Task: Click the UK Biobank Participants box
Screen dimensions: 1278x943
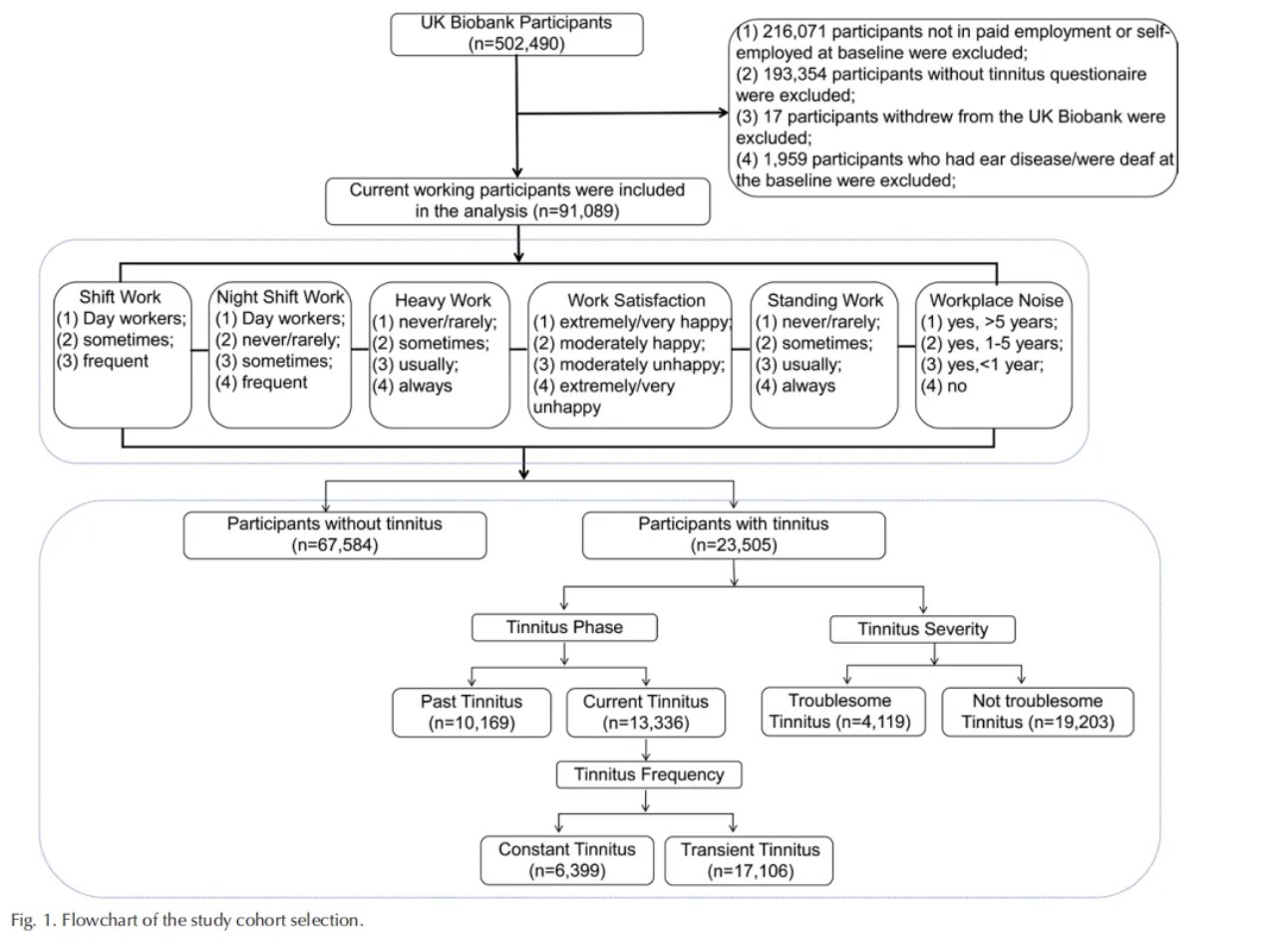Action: pos(516,34)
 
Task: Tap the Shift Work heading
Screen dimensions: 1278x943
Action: pos(120,297)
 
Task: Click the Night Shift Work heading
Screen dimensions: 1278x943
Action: pos(280,297)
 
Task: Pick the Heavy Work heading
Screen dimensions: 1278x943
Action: pos(443,300)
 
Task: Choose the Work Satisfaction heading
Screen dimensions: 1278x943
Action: pos(636,300)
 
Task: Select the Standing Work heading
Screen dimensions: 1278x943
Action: pos(824,300)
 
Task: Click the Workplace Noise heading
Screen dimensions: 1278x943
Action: pos(996,300)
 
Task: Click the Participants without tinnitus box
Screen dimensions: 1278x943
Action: pos(335,535)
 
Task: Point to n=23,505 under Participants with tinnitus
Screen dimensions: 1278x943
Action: pos(734,545)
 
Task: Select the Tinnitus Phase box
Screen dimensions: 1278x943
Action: pos(564,627)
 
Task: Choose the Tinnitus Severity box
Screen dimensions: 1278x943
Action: pos(922,629)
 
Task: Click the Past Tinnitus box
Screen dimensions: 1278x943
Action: pos(472,713)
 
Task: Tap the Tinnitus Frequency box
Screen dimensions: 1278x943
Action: pos(649,775)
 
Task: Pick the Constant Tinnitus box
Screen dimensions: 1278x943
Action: pos(567,860)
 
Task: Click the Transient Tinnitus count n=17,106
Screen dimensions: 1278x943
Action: pos(751,871)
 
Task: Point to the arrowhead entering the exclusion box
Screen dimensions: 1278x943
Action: pos(724,113)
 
